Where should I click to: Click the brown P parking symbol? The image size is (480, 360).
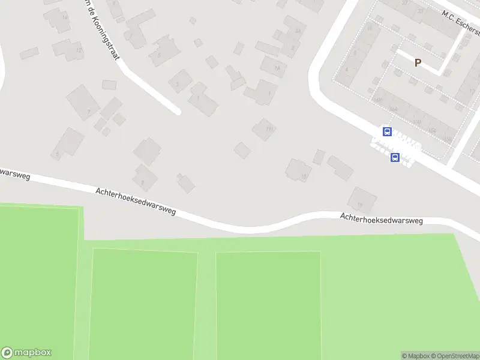(418, 62)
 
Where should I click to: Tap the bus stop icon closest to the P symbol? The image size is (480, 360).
(387, 131)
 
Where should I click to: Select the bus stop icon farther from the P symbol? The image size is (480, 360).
(395, 157)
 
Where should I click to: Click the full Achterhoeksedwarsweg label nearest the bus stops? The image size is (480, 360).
(381, 219)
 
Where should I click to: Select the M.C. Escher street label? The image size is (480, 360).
(461, 22)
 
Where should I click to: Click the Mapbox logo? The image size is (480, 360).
(26, 353)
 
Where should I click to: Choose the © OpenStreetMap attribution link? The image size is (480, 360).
(454, 356)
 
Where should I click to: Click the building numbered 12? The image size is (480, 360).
(67, 49)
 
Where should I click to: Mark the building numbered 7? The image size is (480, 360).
(83, 102)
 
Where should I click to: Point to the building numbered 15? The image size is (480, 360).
(298, 170)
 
